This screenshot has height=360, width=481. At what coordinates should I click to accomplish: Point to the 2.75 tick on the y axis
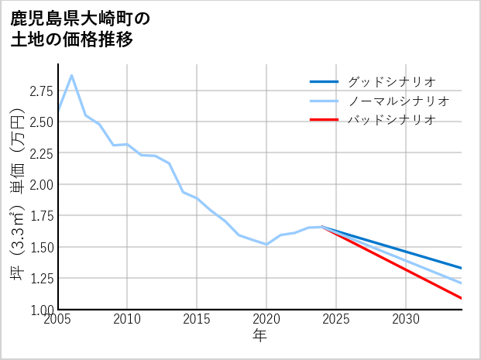pos(42,91)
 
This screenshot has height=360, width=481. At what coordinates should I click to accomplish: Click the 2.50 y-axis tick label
pos(42,122)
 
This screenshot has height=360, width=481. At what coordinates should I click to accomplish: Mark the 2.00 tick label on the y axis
pos(42,184)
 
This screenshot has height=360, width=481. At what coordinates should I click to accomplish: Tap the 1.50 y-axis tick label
pos(42,247)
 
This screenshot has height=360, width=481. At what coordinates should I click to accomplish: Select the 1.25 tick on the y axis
pos(42,279)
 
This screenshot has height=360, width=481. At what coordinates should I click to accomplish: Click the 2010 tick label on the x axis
pos(127,319)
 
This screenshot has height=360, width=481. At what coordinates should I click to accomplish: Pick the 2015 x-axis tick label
pos(197,319)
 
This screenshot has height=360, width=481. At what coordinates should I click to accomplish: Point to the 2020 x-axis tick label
pos(266,319)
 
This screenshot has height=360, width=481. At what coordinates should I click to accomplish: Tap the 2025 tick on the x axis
pos(336,319)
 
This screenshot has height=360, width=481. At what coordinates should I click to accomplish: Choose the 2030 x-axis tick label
pos(406,319)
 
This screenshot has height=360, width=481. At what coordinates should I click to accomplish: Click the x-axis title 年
pos(260,336)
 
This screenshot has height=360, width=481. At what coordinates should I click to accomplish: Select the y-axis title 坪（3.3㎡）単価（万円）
pos(17,205)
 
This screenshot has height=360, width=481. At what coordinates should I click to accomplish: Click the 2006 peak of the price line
pos(72,75)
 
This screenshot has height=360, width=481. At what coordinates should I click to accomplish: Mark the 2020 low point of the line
pos(266,245)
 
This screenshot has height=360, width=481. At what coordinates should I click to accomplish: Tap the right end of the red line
pos(462,298)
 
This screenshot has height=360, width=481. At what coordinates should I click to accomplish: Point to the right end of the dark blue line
pos(462,269)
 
